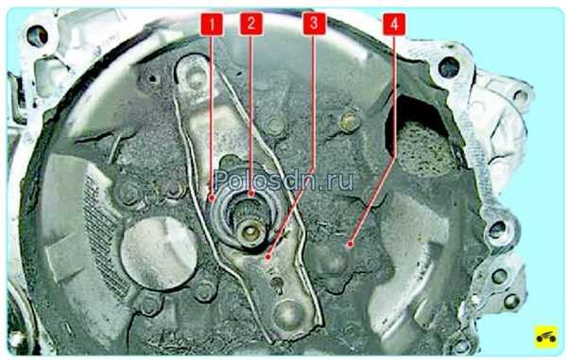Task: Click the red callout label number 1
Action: [212, 25]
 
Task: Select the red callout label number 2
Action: [251, 24]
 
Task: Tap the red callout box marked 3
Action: [314, 24]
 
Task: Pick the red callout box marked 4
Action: [394, 25]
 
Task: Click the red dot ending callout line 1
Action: [213, 198]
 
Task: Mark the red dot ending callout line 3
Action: [267, 257]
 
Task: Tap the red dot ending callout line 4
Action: [350, 245]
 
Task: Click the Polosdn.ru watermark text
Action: [283, 180]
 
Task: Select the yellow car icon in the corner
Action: [546, 336]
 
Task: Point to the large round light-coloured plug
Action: [159, 253]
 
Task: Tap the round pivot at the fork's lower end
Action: [290, 314]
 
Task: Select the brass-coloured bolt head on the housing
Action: [350, 122]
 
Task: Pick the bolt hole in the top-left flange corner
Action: [37, 36]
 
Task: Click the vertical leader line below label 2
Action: [251, 113]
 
